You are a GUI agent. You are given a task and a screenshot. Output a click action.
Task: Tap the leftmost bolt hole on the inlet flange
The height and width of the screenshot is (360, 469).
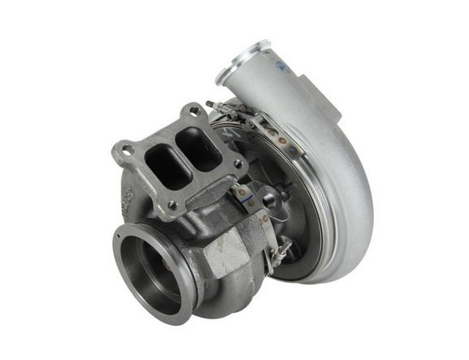point(124,149)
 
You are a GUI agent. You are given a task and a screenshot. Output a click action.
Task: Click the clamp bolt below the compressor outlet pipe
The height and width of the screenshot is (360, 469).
point(218,106)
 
